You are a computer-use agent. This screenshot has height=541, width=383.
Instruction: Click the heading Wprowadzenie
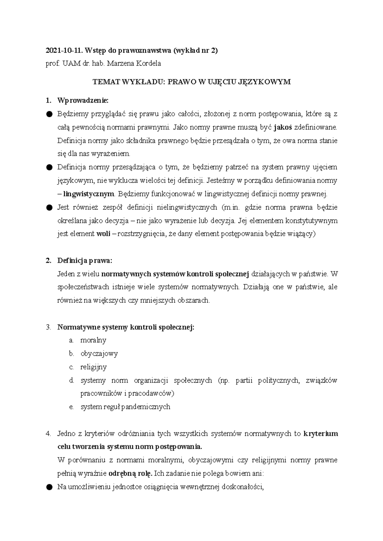(83, 101)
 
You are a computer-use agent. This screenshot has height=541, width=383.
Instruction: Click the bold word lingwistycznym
(88, 194)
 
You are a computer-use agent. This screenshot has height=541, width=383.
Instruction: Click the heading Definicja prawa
(85, 260)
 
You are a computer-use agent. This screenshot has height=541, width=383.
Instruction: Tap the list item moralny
(93, 340)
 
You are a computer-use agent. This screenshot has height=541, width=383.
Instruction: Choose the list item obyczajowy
(99, 354)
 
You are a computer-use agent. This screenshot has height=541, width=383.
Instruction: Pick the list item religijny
(94, 367)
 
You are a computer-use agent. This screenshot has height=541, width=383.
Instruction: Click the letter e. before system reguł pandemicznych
(71, 407)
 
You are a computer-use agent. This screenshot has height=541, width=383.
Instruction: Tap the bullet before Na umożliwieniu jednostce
(49, 487)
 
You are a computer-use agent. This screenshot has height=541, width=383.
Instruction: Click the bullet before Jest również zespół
(49, 207)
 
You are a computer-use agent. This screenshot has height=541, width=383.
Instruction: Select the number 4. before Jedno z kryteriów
(48, 434)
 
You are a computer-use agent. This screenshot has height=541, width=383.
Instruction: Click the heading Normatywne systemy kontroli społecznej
(125, 327)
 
